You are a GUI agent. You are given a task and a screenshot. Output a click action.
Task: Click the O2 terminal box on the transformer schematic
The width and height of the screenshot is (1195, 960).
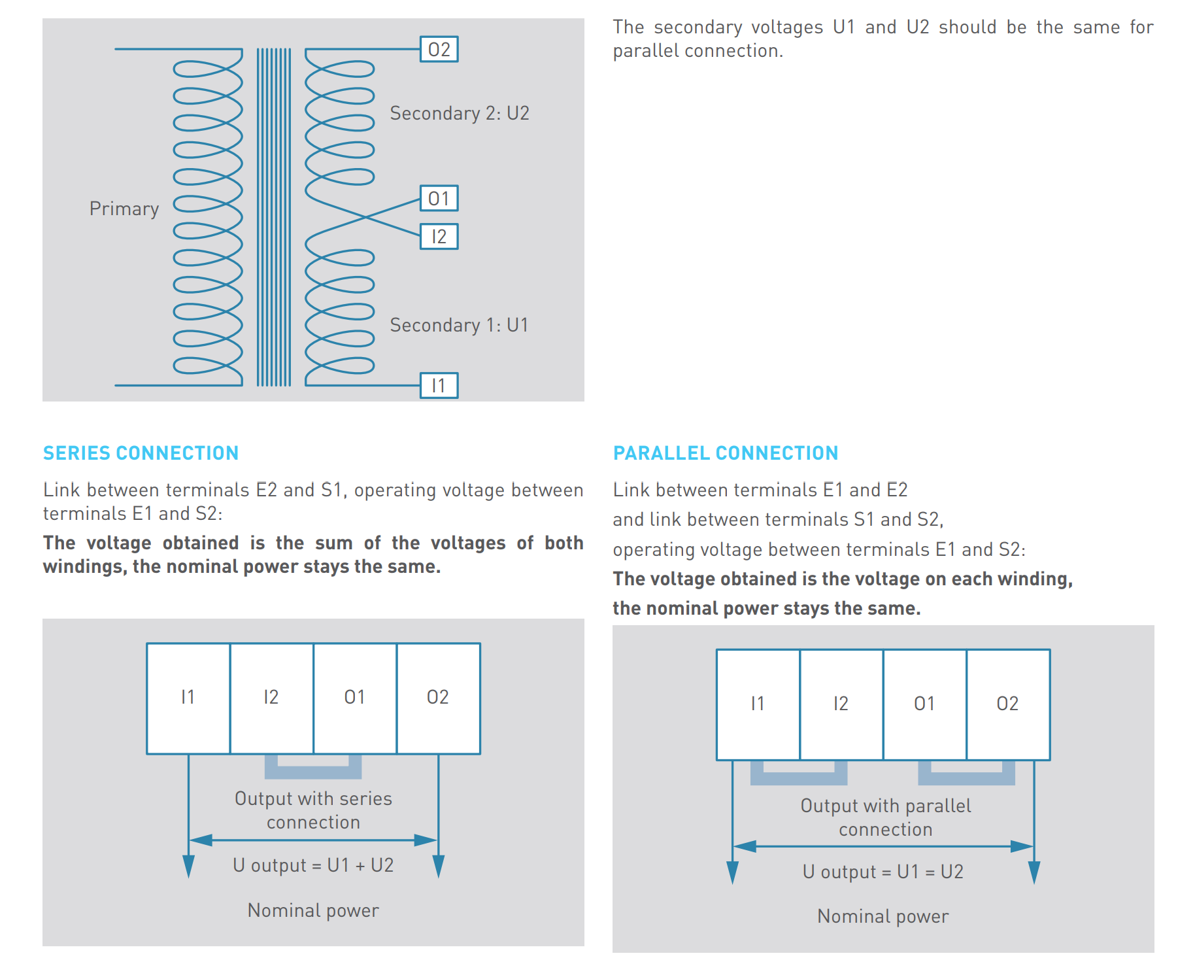pyautogui.click(x=439, y=49)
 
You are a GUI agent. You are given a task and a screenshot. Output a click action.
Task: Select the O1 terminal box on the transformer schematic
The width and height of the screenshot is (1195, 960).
pyautogui.click(x=439, y=198)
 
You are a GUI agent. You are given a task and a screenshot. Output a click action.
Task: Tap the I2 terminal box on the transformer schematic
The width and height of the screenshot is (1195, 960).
pyautogui.click(x=439, y=236)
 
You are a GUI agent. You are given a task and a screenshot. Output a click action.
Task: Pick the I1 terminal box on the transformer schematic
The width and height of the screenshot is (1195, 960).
pyautogui.click(x=439, y=385)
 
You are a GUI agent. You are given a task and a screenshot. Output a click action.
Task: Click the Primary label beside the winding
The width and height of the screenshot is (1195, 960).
pyautogui.click(x=124, y=209)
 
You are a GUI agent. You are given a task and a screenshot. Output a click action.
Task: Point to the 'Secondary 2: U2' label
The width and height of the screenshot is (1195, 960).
pyautogui.click(x=460, y=114)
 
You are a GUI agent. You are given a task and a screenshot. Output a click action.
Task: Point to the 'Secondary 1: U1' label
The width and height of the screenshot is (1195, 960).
pyautogui.click(x=459, y=325)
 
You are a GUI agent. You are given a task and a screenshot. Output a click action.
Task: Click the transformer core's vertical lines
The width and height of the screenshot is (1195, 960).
pyautogui.click(x=274, y=217)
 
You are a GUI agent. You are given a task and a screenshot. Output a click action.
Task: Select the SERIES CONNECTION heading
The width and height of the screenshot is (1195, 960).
pyautogui.click(x=141, y=453)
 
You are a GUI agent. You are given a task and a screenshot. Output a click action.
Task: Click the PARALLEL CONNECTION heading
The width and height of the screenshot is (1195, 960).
pyautogui.click(x=726, y=453)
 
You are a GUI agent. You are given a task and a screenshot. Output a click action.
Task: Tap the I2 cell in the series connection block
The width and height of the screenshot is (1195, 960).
pyautogui.click(x=271, y=698)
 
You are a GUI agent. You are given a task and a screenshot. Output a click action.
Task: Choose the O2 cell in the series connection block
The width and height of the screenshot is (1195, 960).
pyautogui.click(x=438, y=698)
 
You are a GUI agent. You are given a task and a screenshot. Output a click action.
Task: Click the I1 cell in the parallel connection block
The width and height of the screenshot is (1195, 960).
pyautogui.click(x=758, y=704)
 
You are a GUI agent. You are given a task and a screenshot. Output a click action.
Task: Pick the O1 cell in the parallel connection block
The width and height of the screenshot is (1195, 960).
pyautogui.click(x=924, y=704)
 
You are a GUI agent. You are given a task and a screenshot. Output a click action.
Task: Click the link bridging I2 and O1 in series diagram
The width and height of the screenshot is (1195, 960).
pyautogui.click(x=313, y=772)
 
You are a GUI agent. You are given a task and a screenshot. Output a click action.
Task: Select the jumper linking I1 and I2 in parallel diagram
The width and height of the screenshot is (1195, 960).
pyautogui.click(x=799, y=779)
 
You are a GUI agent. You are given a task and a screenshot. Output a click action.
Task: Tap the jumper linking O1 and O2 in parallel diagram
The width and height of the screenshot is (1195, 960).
pyautogui.click(x=967, y=779)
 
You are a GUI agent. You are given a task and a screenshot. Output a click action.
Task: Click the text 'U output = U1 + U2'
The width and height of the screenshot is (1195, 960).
pyautogui.click(x=313, y=866)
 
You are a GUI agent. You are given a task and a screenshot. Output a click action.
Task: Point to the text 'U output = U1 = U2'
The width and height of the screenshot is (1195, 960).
pyautogui.click(x=883, y=872)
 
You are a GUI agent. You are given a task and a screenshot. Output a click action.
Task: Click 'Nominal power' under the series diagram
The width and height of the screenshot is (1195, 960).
pyautogui.click(x=313, y=910)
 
